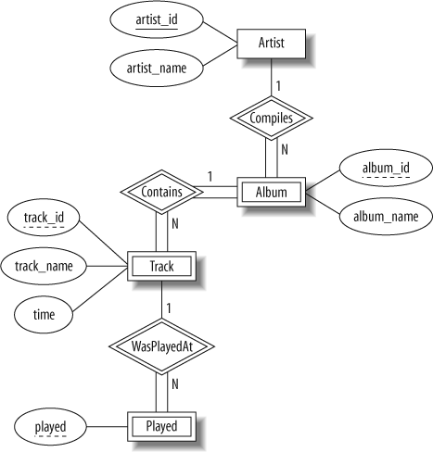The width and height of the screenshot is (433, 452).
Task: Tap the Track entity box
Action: point(160,267)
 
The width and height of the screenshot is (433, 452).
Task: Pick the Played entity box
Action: point(160,427)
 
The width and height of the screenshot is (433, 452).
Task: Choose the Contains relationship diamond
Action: point(160,193)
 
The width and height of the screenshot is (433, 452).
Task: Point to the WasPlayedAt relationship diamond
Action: point(160,347)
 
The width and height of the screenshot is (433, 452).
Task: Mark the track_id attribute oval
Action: point(44,219)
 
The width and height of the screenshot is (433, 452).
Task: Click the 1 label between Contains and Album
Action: point(210,176)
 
